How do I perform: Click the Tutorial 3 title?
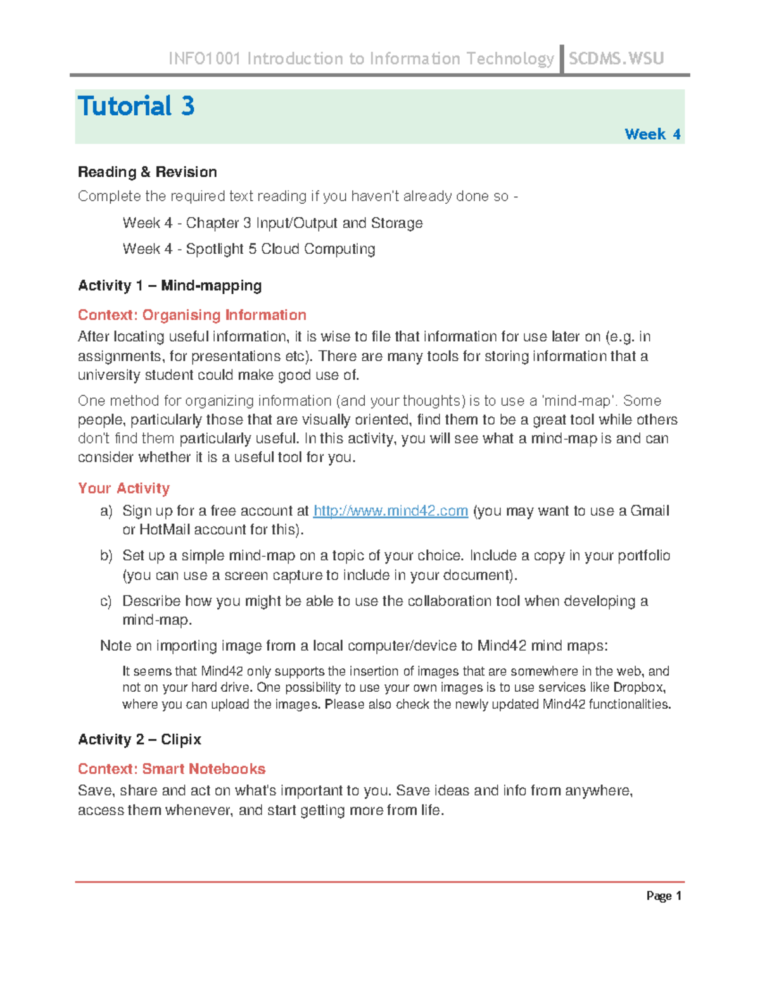click(x=136, y=106)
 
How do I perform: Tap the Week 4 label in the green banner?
click(x=652, y=134)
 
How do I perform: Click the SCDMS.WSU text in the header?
click(x=616, y=59)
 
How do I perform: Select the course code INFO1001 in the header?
click(x=204, y=59)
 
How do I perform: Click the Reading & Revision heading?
click(x=147, y=172)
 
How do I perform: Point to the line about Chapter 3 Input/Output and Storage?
click(x=272, y=223)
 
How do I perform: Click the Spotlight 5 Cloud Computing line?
click(x=248, y=249)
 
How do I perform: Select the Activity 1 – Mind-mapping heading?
click(x=169, y=285)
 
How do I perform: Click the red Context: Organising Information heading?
click(x=191, y=315)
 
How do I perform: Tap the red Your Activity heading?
click(x=123, y=488)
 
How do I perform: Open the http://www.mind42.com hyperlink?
click(x=390, y=511)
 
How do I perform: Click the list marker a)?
click(x=106, y=511)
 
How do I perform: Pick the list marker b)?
click(x=106, y=556)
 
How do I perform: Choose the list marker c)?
click(x=106, y=601)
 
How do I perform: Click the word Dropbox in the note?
click(x=639, y=687)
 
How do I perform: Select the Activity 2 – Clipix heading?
click(x=139, y=739)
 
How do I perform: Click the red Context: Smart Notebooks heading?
click(x=171, y=768)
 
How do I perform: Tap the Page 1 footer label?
click(x=663, y=896)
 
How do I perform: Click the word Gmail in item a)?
click(x=649, y=511)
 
